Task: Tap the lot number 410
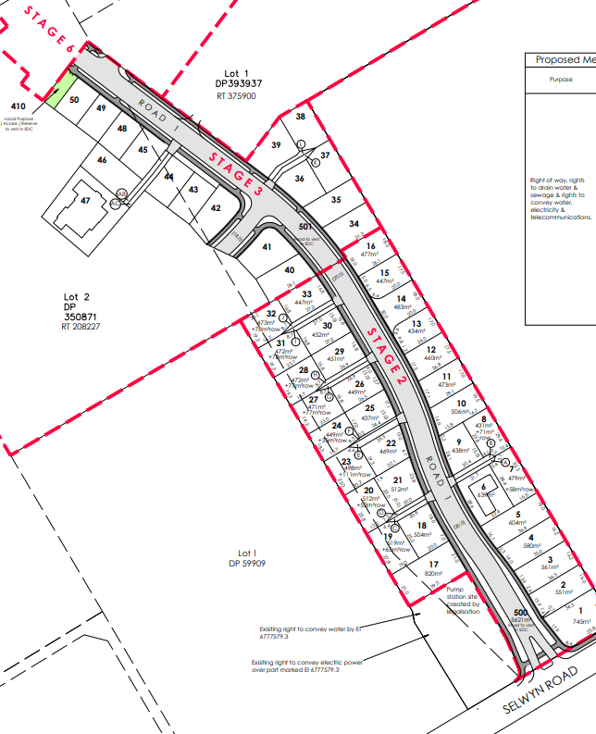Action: tap(19, 107)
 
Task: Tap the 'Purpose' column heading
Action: tap(561, 81)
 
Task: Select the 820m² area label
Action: tap(433, 574)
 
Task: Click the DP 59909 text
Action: tap(247, 563)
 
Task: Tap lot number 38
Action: tap(300, 117)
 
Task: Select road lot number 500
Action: tap(520, 613)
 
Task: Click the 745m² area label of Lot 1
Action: tap(581, 622)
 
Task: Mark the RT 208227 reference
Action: tap(80, 327)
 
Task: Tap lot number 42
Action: tap(217, 208)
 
